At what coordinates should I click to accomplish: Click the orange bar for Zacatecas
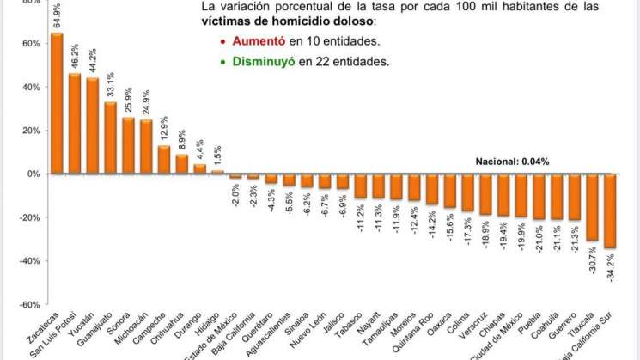pyautogui.click(x=57, y=103)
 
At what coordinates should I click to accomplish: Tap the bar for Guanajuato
pyautogui.click(x=110, y=137)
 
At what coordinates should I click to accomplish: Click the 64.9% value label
pyautogui.click(x=58, y=16)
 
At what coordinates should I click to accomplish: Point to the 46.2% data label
pyautogui.click(x=75, y=58)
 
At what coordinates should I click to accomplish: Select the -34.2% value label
pyautogui.click(x=612, y=265)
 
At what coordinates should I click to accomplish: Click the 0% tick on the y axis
pyautogui.click(x=33, y=174)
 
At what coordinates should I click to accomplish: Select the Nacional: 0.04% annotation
pyautogui.click(x=512, y=161)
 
